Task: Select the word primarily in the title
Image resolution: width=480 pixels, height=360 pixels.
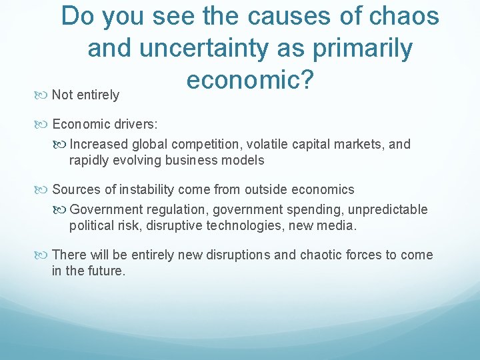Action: click(360, 48)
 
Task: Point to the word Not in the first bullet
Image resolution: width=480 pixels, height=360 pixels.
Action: click(63, 95)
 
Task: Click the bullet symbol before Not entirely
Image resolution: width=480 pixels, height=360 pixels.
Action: click(45, 95)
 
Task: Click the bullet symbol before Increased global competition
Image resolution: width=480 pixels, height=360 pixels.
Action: click(62, 144)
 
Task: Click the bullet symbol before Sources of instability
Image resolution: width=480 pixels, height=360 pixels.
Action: click(45, 189)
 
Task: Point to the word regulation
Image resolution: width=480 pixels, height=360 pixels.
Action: click(178, 210)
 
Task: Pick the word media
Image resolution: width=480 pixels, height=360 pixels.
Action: click(338, 226)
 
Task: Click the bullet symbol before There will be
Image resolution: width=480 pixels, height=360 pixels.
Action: click(45, 255)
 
